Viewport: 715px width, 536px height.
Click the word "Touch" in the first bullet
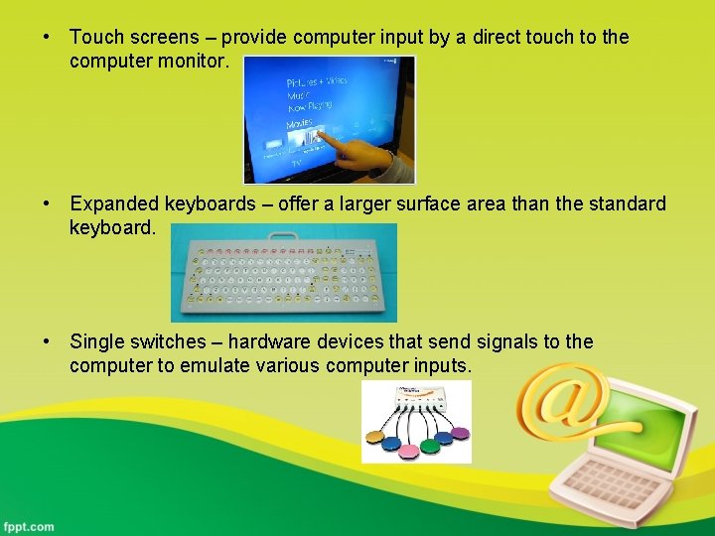coord(96,38)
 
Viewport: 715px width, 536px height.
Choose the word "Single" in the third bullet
coord(97,342)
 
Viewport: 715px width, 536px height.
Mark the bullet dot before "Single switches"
coord(47,342)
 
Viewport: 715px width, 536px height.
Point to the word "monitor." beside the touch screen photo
coord(198,62)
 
